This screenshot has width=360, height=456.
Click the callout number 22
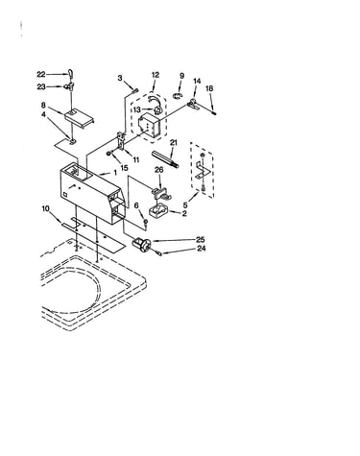(x=41, y=74)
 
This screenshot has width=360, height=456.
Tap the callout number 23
(x=41, y=86)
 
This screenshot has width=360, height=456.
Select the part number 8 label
(x=43, y=105)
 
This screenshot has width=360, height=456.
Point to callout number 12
(x=156, y=75)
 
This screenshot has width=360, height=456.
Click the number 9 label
(x=181, y=76)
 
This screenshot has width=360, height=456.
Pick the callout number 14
(x=197, y=81)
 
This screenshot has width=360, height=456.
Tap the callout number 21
(x=174, y=142)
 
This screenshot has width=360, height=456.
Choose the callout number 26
(x=159, y=170)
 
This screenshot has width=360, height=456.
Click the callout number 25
(x=201, y=239)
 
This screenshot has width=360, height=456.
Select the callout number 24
(x=202, y=248)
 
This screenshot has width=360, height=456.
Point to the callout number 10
(x=46, y=209)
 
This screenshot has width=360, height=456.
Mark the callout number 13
(x=137, y=109)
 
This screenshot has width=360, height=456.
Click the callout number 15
(x=124, y=167)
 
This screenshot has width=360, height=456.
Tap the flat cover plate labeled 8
(x=79, y=117)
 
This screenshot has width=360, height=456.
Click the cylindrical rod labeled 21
(x=165, y=159)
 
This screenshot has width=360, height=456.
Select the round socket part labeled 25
(x=141, y=244)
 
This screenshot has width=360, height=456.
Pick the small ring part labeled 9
(x=178, y=95)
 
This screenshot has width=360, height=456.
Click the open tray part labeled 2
(x=158, y=212)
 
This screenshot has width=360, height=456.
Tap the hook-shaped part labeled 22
(x=70, y=74)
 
